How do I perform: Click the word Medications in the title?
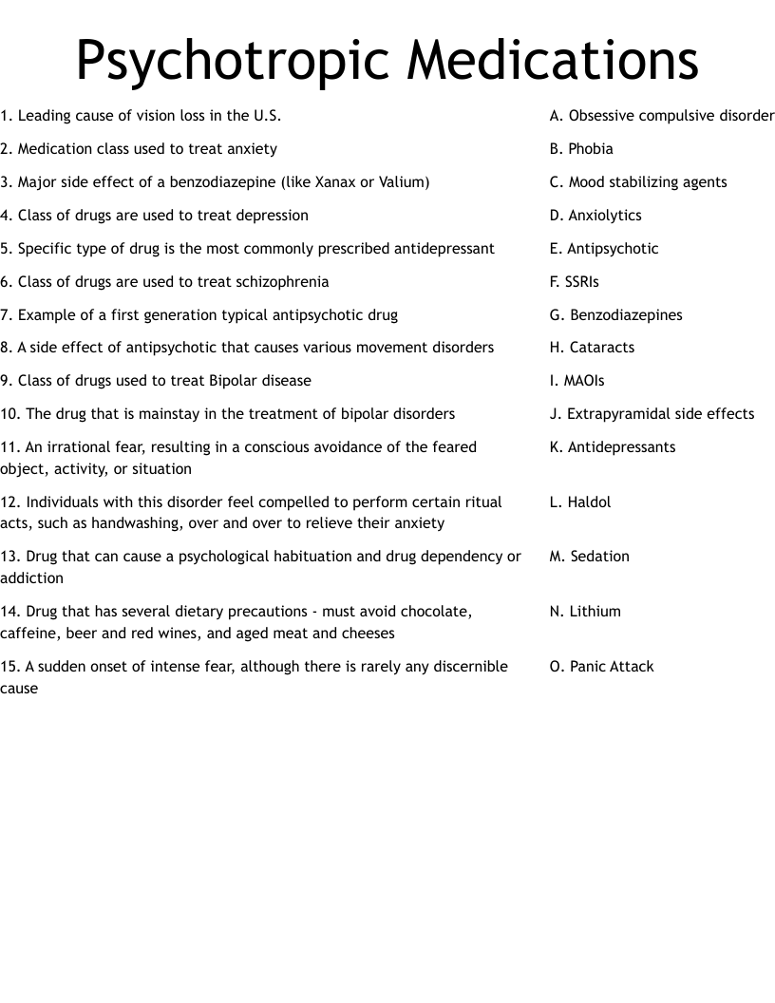553,61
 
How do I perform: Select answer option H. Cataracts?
592,348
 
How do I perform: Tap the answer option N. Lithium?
585,612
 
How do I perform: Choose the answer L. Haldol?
580,502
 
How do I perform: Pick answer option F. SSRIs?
575,282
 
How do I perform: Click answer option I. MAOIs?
577,381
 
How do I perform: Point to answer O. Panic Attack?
601,667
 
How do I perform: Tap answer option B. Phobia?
581,149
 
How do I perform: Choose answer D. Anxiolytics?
595,216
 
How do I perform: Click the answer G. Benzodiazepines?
615,315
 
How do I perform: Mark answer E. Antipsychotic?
604,249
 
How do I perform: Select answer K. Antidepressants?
613,447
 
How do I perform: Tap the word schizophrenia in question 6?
284,282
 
